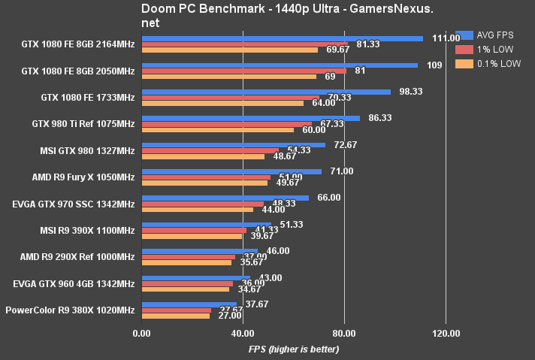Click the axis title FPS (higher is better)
(x=294, y=349)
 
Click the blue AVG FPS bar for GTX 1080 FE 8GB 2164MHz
(x=283, y=38)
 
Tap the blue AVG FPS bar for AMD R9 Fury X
(x=231, y=171)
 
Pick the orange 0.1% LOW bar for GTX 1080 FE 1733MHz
(x=222, y=103)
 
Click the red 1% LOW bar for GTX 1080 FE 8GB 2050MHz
(x=244, y=71)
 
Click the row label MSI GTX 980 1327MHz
(x=88, y=150)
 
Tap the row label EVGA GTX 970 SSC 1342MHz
(x=74, y=204)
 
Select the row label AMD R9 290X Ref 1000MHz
(x=77, y=256)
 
